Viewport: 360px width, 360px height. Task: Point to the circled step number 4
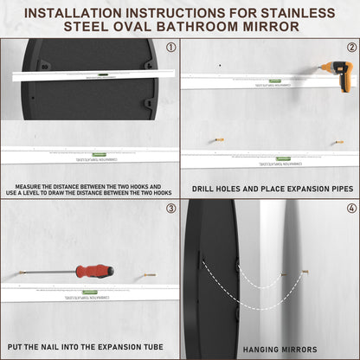point(351,209)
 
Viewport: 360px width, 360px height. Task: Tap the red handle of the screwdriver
point(94,271)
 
